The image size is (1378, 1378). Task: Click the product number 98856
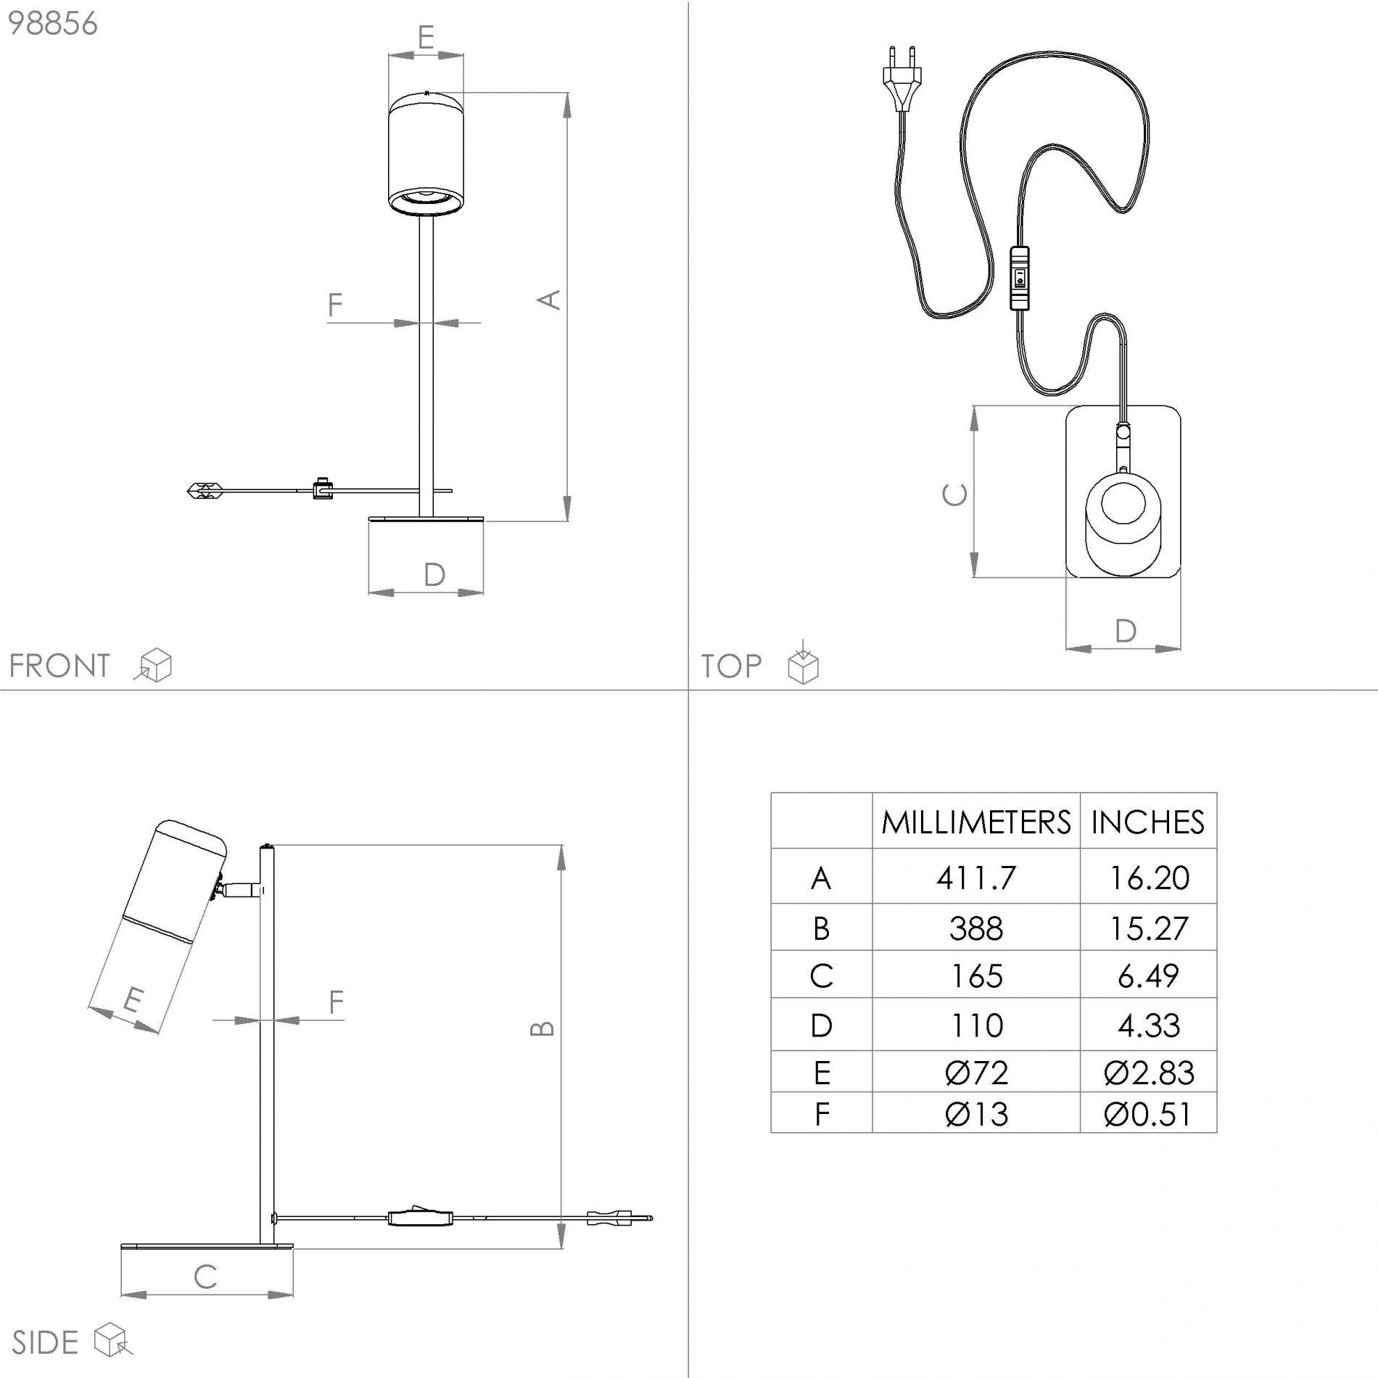pyautogui.click(x=52, y=24)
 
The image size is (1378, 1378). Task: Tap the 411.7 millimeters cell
pyautogui.click(x=975, y=878)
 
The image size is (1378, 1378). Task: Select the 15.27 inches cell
pyautogui.click(x=1148, y=928)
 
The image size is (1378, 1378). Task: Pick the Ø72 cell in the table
pyautogui.click(x=975, y=1072)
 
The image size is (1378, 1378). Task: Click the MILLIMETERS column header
pyautogui.click(x=975, y=822)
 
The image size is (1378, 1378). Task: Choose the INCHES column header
pyautogui.click(x=1147, y=822)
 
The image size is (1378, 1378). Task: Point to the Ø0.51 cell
pyautogui.click(x=1148, y=1113)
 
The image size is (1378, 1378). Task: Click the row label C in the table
pyautogui.click(x=821, y=975)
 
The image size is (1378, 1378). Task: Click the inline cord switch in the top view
pyautogui.click(x=1019, y=278)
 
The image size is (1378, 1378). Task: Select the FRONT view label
pyautogui.click(x=59, y=666)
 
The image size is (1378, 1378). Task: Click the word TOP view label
pyautogui.click(x=731, y=666)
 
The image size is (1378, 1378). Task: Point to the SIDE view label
pyautogui.click(x=45, y=1343)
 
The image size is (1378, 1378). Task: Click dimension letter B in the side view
pyautogui.click(x=543, y=1028)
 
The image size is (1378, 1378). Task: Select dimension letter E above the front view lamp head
pyautogui.click(x=426, y=36)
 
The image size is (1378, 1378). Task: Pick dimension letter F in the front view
pyautogui.click(x=334, y=305)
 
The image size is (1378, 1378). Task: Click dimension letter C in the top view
pyautogui.click(x=954, y=495)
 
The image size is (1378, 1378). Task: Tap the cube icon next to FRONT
pyautogui.click(x=153, y=665)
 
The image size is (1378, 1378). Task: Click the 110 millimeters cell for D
pyautogui.click(x=975, y=1025)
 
